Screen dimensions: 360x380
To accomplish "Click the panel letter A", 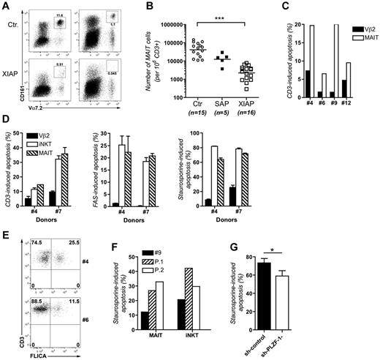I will click(7, 7).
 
